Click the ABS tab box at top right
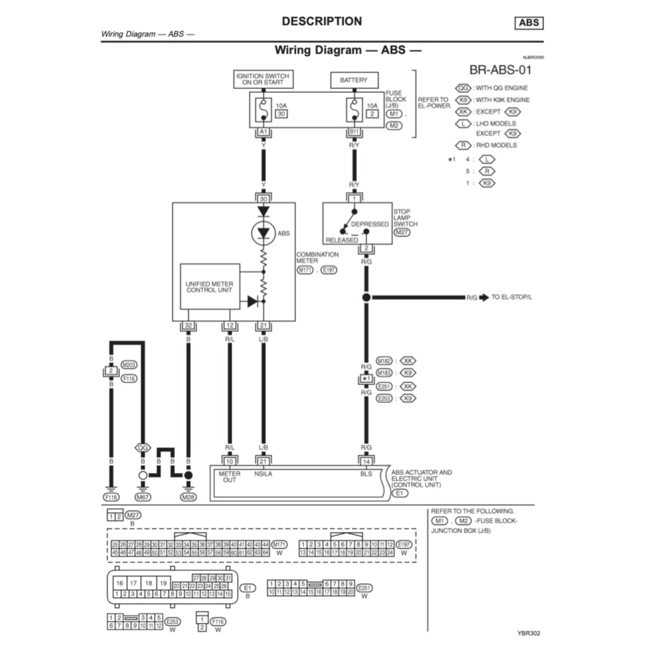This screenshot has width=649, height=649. pyautogui.click(x=529, y=23)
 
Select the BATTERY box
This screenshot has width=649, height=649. pyautogui.click(x=353, y=81)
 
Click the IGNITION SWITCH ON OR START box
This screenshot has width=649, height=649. pyautogui.click(x=263, y=80)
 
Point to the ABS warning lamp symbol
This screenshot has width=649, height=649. pyautogui.click(x=263, y=234)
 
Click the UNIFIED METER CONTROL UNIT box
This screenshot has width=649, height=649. pyautogui.click(x=210, y=286)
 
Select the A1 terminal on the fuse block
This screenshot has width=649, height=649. pyautogui.click(x=263, y=132)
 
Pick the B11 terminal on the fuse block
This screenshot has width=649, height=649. pyautogui.click(x=354, y=132)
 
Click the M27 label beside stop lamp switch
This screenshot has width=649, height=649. pyautogui.click(x=401, y=233)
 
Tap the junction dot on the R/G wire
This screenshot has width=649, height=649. pyautogui.click(x=366, y=297)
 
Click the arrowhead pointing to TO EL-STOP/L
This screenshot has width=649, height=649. pyautogui.click(x=484, y=297)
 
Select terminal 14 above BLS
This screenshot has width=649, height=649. pyautogui.click(x=366, y=461)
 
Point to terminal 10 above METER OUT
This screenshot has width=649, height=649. pyautogui.click(x=230, y=461)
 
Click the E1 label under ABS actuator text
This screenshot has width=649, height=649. pyautogui.click(x=399, y=492)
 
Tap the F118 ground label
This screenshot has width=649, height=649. pyautogui.click(x=111, y=496)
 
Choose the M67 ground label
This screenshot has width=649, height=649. pyautogui.click(x=143, y=496)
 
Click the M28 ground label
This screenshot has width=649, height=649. pyautogui.click(x=188, y=496)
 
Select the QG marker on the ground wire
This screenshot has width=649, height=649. pyautogui.click(x=143, y=447)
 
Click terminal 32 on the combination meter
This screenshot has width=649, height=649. pyautogui.click(x=188, y=326)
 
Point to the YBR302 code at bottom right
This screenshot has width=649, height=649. pyautogui.click(x=529, y=633)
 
